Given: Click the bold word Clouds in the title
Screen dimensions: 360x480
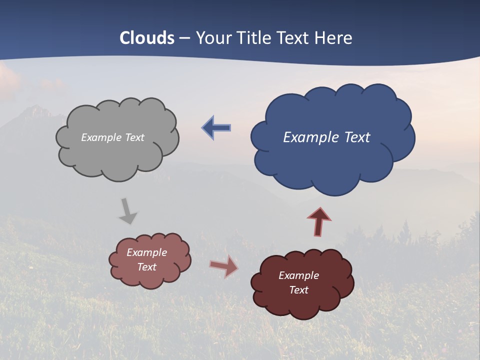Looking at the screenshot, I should [x=147, y=38].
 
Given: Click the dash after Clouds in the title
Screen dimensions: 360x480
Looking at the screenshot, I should [x=184, y=38].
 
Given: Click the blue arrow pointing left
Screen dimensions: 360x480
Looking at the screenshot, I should [x=216, y=128].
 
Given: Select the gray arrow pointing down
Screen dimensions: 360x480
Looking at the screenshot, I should [x=128, y=211].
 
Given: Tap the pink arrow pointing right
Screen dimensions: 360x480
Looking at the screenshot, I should [x=224, y=266].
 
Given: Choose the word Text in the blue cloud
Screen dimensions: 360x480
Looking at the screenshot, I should [x=357, y=137].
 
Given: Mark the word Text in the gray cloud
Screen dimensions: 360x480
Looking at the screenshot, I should [x=135, y=137].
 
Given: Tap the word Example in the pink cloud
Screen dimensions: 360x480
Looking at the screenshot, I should [x=146, y=252].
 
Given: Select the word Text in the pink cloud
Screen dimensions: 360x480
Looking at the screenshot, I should [x=146, y=267].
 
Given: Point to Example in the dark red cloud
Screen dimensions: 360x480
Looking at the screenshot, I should [x=298, y=275].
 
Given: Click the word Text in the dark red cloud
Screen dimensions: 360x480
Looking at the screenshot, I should [x=298, y=290].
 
